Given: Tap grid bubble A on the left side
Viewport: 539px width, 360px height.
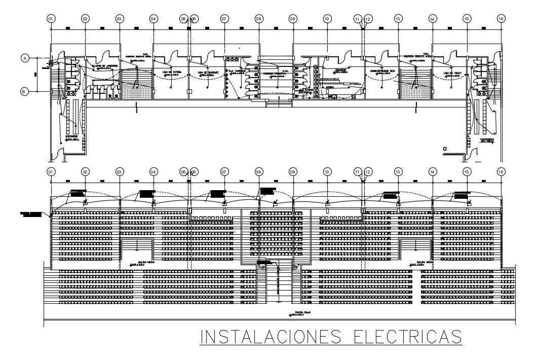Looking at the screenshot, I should (x=24, y=58).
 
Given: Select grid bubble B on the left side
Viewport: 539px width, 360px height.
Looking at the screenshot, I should (x=24, y=91).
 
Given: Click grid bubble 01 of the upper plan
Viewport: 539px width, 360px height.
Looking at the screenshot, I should (x=51, y=18).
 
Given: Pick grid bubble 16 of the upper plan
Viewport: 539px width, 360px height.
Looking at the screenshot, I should (x=501, y=18).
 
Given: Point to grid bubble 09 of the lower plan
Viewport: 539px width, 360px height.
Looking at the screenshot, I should (x=292, y=172).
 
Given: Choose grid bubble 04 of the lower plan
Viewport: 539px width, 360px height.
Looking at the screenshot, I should (x=153, y=172).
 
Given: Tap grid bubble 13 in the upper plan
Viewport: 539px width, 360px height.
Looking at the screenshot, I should (x=398, y=18).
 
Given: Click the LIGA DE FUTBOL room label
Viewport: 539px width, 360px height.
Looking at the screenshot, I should (x=172, y=72).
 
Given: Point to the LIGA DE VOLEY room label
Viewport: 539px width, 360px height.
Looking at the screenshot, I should (x=452, y=72).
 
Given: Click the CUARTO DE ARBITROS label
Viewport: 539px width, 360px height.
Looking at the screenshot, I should (x=105, y=66).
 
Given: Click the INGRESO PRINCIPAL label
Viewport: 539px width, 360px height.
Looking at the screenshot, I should (x=275, y=74).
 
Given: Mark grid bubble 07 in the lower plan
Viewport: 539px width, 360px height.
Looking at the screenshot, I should (x=223, y=172).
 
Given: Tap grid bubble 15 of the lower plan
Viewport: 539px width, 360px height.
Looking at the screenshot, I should (x=467, y=172).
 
